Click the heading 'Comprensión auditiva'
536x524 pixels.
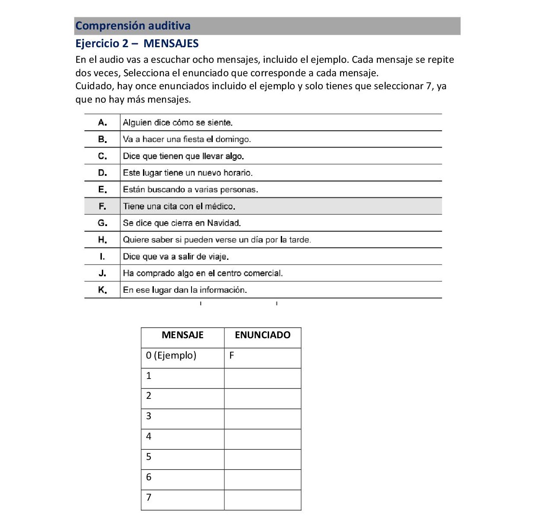point(133,26)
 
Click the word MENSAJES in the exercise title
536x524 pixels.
point(171,44)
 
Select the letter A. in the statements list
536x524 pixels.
point(103,123)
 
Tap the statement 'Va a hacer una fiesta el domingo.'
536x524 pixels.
point(187,139)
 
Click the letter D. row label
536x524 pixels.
point(103,173)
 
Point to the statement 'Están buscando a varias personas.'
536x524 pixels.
point(190,190)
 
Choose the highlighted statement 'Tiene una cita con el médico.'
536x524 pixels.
point(179,207)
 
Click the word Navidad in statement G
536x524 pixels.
point(224,223)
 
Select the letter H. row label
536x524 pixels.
point(103,240)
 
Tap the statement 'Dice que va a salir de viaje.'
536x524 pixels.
point(175,257)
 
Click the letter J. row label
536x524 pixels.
point(103,273)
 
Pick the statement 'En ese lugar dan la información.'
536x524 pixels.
point(185,290)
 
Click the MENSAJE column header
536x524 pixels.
point(182,335)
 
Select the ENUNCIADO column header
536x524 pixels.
point(263,335)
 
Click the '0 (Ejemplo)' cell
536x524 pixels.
point(171,356)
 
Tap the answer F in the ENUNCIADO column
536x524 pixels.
point(232,356)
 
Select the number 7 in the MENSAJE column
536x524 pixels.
point(149,498)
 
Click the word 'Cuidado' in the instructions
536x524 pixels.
point(94,86)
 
